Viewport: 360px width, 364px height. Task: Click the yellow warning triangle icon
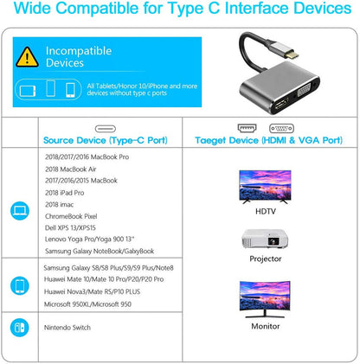pyautogui.click(x=27, y=57)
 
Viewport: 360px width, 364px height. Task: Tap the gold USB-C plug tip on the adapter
pyautogui.click(x=292, y=54)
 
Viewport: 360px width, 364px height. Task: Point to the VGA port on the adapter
pyautogui.click(x=305, y=93)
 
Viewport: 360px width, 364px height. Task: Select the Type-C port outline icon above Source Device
pyautogui.click(x=106, y=129)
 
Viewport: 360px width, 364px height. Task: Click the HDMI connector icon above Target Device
pyautogui.click(x=247, y=128)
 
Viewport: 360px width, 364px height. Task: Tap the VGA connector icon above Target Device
pyautogui.click(x=281, y=128)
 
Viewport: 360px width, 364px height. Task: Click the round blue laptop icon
pyautogui.click(x=20, y=211)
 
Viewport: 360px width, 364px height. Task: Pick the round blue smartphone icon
pyautogui.click(x=20, y=285)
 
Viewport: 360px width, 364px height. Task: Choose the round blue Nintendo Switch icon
pyautogui.click(x=20, y=328)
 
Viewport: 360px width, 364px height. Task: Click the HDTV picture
pyautogui.click(x=265, y=187)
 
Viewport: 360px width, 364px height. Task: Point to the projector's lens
pyautogui.click(x=273, y=240)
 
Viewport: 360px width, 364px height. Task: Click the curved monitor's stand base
pyautogui.click(x=265, y=316)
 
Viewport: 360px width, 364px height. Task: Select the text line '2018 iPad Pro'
pyautogui.click(x=65, y=193)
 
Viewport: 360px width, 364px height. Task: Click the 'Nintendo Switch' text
pyautogui.click(x=67, y=328)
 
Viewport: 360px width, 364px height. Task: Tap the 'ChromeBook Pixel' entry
pyautogui.click(x=71, y=216)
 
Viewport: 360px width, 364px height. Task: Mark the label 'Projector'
pyautogui.click(x=266, y=259)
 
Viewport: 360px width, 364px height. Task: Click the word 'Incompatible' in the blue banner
pyautogui.click(x=79, y=51)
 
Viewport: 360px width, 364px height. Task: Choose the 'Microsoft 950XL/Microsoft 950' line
pyautogui.click(x=87, y=304)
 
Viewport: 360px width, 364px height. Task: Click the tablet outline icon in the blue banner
pyautogui.click(x=28, y=91)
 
